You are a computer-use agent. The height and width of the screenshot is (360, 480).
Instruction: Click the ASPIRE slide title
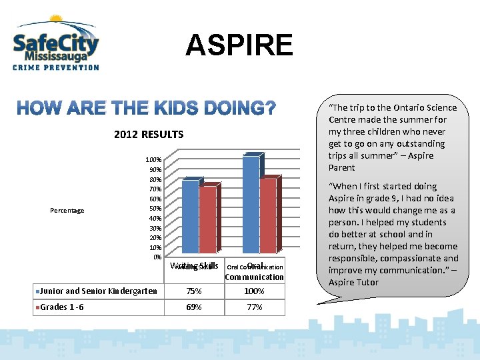click(239, 45)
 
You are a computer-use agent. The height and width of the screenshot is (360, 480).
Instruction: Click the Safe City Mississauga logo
click(56, 43)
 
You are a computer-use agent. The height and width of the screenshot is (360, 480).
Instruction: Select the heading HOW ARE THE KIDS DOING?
click(146, 108)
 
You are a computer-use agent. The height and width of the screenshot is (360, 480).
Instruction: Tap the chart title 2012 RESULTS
click(149, 135)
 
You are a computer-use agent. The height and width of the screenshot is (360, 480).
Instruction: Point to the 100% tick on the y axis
click(153, 160)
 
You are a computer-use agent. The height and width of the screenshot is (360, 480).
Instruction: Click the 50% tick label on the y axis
click(154, 209)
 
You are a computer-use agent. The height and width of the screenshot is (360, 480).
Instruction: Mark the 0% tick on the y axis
click(157, 257)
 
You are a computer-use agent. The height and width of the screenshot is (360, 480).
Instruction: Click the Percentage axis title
click(67, 211)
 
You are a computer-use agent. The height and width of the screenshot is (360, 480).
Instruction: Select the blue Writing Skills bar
click(190, 218)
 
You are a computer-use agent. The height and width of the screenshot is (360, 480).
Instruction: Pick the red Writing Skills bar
click(207, 222)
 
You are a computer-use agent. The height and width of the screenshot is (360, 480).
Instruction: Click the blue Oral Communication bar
click(251, 207)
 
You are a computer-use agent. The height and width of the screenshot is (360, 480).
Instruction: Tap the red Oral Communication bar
click(268, 217)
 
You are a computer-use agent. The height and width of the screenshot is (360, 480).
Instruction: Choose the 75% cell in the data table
click(193, 291)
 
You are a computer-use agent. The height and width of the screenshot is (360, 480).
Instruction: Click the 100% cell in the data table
click(254, 291)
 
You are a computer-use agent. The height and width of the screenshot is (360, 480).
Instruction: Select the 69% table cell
click(193, 307)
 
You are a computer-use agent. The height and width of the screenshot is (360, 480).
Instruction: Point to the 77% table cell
click(254, 307)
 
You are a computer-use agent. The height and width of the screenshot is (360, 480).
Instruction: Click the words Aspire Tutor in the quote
click(353, 282)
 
